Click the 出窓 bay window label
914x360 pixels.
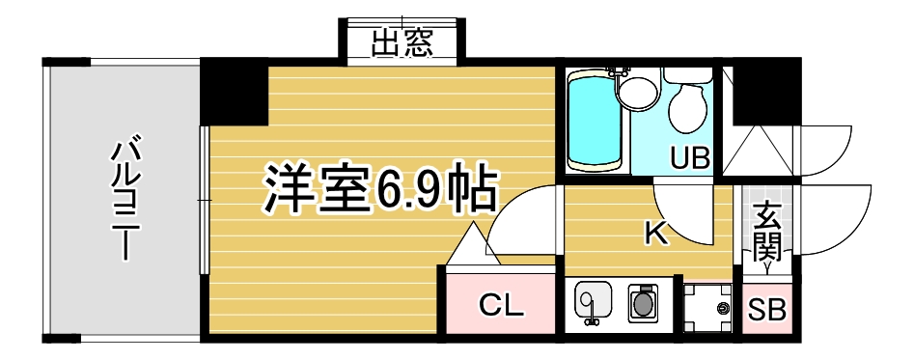pyautogui.click(x=402, y=43)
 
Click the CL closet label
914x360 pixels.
pyautogui.click(x=501, y=305)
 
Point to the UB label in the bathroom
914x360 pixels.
pyautogui.click(x=689, y=158)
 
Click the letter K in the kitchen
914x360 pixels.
pyautogui.click(x=655, y=234)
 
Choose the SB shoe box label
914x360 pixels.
pyautogui.click(x=766, y=311)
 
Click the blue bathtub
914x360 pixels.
pyautogui.click(x=595, y=121)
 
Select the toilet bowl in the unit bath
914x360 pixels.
pyautogui.click(x=688, y=106)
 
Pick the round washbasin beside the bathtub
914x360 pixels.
pyautogui.click(x=638, y=93)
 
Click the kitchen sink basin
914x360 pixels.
pyautogui.click(x=593, y=300)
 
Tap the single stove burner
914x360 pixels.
pyautogui.click(x=643, y=303)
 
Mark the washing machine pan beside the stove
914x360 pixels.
pyautogui.click(x=707, y=308)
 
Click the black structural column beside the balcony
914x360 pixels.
pyautogui.click(x=235, y=93)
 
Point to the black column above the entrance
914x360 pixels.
pyautogui.click(x=766, y=92)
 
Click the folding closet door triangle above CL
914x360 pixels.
pyautogui.click(x=472, y=243)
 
